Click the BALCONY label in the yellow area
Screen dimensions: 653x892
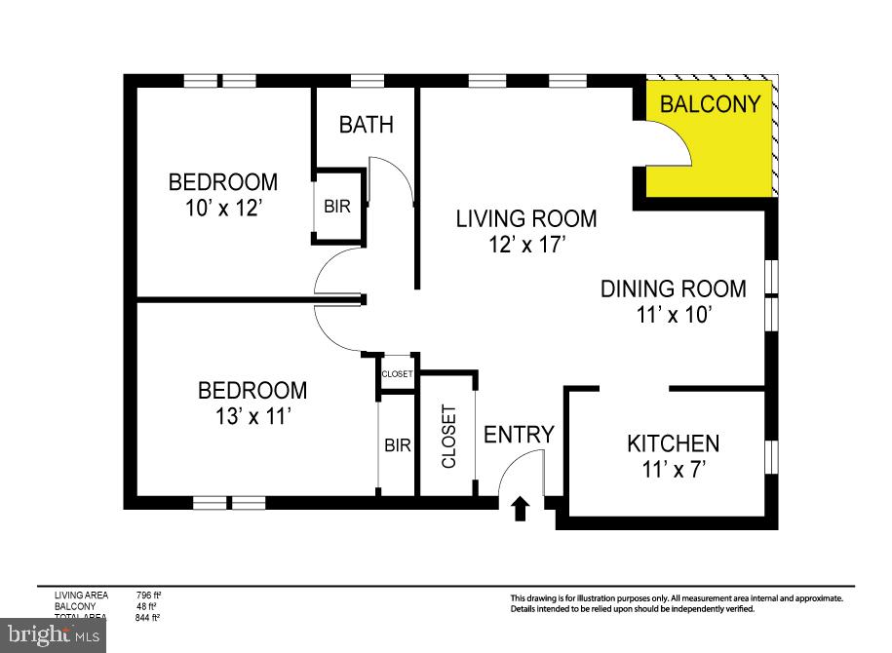(710, 104)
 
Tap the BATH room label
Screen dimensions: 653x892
(366, 124)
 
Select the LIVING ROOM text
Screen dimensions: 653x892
(526, 218)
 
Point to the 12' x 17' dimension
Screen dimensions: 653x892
(525, 244)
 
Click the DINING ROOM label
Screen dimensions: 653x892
(673, 288)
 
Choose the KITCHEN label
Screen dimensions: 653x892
(673, 443)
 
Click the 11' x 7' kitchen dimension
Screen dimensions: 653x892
(672, 469)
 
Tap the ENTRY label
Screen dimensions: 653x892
(519, 435)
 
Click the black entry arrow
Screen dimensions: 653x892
(521, 508)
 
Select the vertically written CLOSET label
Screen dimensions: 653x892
(448, 436)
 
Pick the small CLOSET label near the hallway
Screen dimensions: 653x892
(397, 374)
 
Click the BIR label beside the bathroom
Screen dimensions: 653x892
(337, 207)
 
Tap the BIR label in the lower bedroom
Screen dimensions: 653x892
(397, 445)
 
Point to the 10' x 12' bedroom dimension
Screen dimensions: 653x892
(222, 207)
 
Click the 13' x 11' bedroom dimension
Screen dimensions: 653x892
(252, 416)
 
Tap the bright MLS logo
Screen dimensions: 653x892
(53, 635)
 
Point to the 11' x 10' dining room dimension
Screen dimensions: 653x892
(673, 314)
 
